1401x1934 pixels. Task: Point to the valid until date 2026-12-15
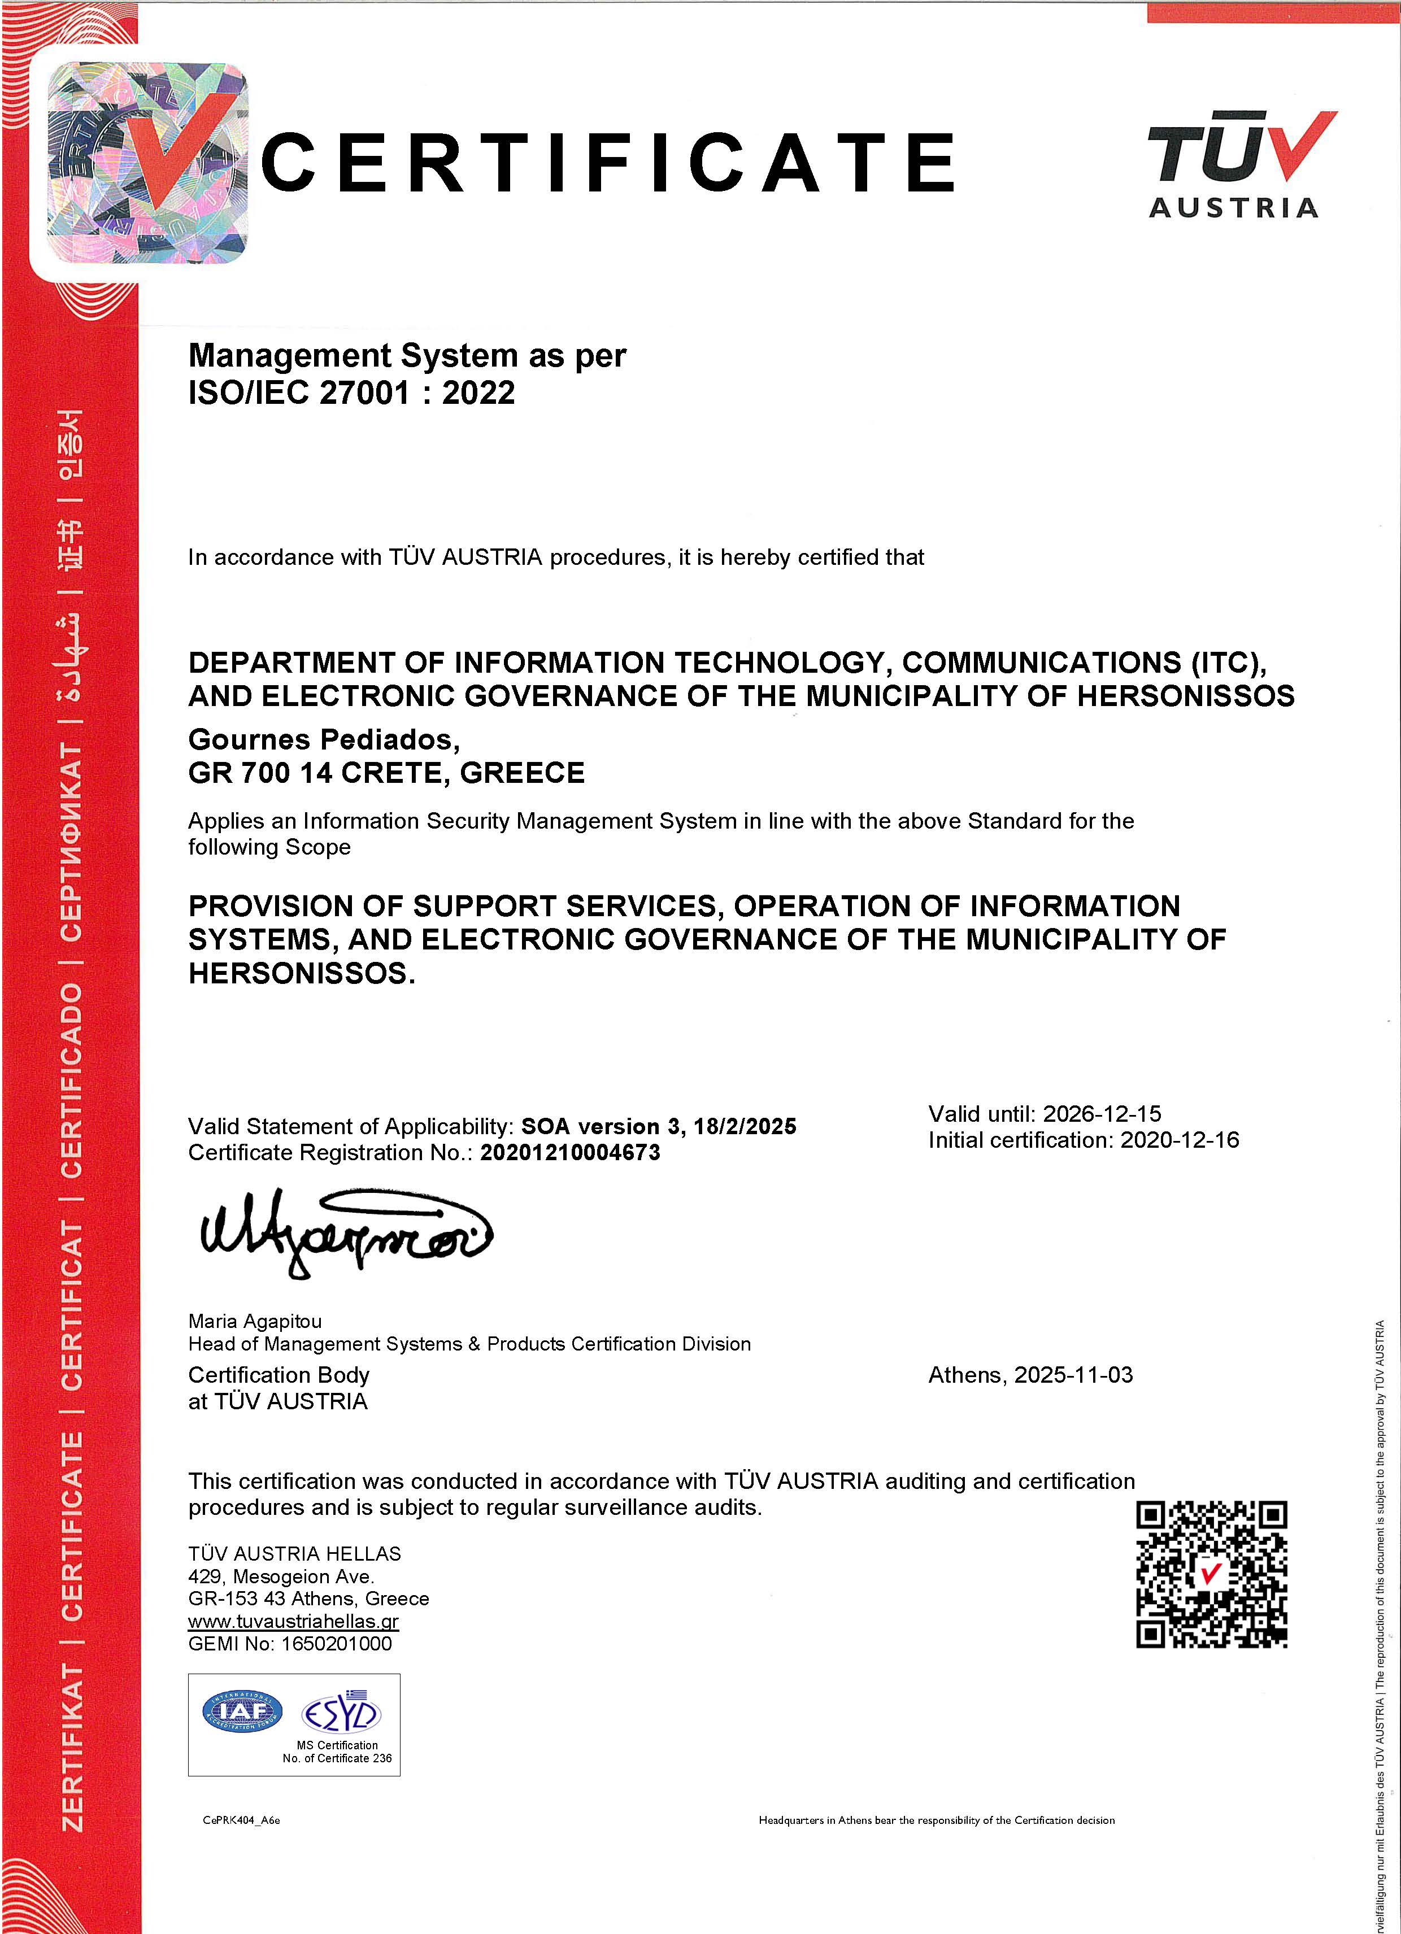click(x=1102, y=1114)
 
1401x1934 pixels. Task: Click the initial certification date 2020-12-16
click(x=1180, y=1140)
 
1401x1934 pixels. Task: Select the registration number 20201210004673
click(x=569, y=1153)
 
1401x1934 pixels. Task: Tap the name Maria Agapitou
click(x=255, y=1321)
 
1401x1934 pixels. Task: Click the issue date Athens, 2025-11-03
click(x=1030, y=1375)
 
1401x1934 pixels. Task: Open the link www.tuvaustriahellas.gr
click(x=293, y=1621)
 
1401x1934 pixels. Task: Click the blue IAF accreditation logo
click(x=242, y=1710)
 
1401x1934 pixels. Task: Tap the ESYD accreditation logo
click(x=341, y=1714)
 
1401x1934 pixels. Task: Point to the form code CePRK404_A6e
click(x=241, y=1820)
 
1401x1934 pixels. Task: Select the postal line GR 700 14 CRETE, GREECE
click(x=386, y=773)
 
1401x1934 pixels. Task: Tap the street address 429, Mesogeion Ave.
click(x=281, y=1576)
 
